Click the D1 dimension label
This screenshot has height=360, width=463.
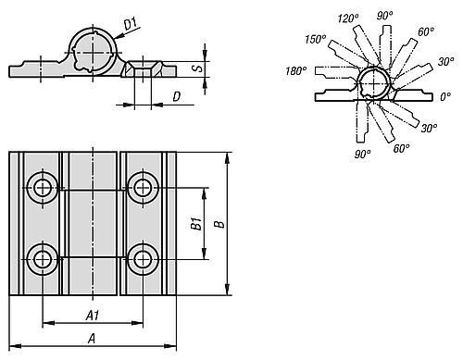click(131, 24)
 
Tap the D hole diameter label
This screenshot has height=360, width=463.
click(176, 96)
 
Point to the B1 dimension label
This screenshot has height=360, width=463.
click(195, 223)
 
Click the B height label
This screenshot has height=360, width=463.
click(219, 224)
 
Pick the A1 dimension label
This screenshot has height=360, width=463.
click(93, 316)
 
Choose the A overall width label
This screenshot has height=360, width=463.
click(92, 339)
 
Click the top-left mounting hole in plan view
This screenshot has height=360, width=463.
click(43, 188)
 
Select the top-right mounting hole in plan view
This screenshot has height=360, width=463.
click(143, 188)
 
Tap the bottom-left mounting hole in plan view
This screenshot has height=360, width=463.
click(43, 259)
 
